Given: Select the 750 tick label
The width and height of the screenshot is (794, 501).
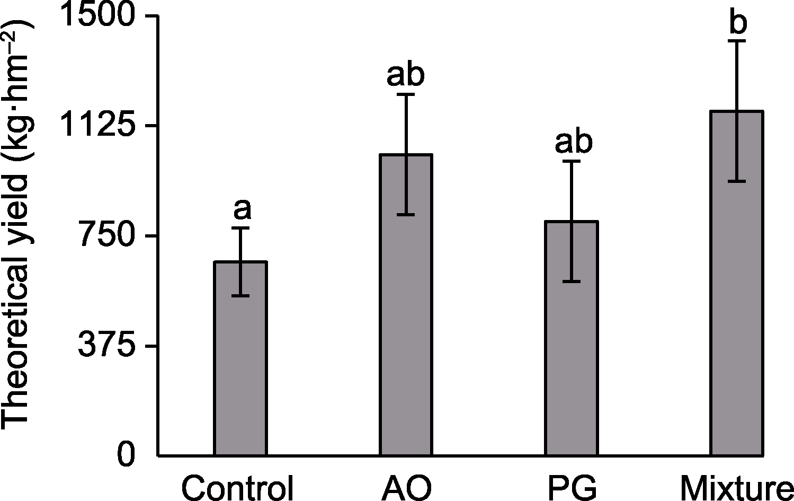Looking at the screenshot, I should click(109, 236).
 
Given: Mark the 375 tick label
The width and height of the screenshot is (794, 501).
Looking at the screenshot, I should click(109, 347).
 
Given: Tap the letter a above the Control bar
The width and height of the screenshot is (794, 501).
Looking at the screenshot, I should click(242, 210).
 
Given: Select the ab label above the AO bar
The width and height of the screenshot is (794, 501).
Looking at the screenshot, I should click(406, 75).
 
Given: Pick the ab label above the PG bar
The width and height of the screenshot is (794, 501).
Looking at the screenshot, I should click(574, 142).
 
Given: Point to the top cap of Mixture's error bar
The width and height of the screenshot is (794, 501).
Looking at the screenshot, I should click(737, 41).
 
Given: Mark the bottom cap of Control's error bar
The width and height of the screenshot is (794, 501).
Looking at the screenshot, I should click(240, 295).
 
